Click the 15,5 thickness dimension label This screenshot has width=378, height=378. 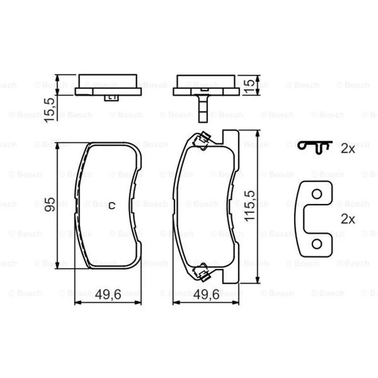pyautogui.click(x=50, y=110)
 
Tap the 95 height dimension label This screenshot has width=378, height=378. pyautogui.click(x=50, y=205)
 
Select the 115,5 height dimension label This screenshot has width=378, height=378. pyautogui.click(x=249, y=206)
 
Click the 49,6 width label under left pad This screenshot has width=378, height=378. pyautogui.click(x=108, y=294)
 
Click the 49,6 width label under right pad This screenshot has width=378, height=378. pyautogui.click(x=206, y=294)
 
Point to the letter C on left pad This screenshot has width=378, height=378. pyautogui.click(x=112, y=206)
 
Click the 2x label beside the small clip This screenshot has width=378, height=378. pyautogui.click(x=348, y=149)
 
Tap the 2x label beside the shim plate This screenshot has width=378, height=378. pyautogui.click(x=348, y=219)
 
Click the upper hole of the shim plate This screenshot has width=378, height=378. pyautogui.click(x=317, y=194)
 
